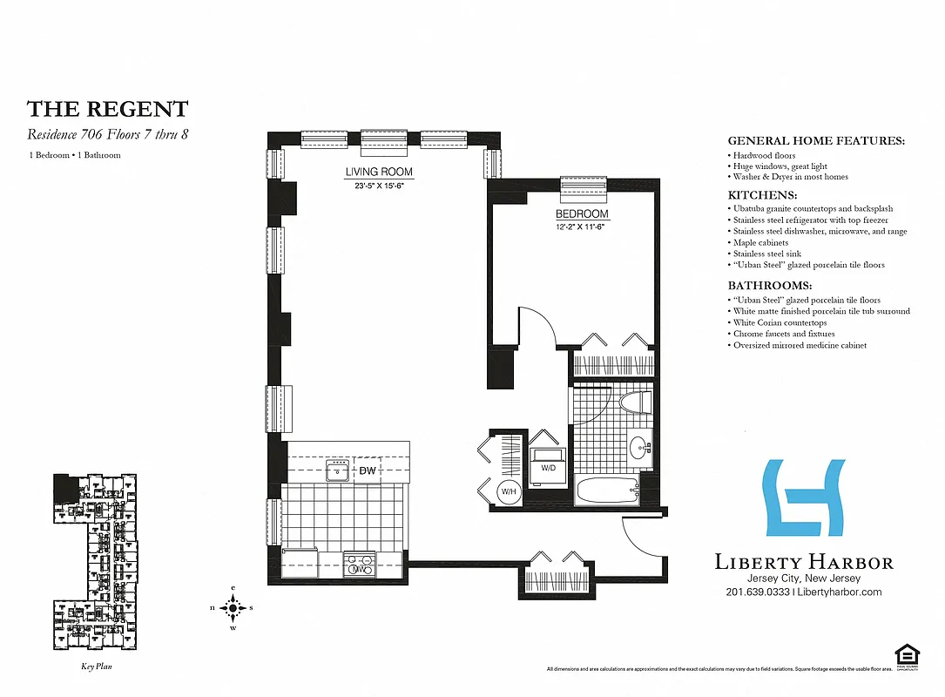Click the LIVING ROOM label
(379, 172)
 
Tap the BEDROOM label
(582, 213)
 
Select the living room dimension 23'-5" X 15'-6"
(379, 186)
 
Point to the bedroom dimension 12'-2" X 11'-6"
(582, 227)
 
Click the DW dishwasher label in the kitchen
(368, 471)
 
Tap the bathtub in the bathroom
(608, 489)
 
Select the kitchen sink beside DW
(338, 471)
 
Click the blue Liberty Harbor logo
(803, 497)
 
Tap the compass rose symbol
(233, 607)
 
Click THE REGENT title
(107, 109)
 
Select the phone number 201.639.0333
(757, 592)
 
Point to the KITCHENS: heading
(762, 195)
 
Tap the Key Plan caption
(91, 667)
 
